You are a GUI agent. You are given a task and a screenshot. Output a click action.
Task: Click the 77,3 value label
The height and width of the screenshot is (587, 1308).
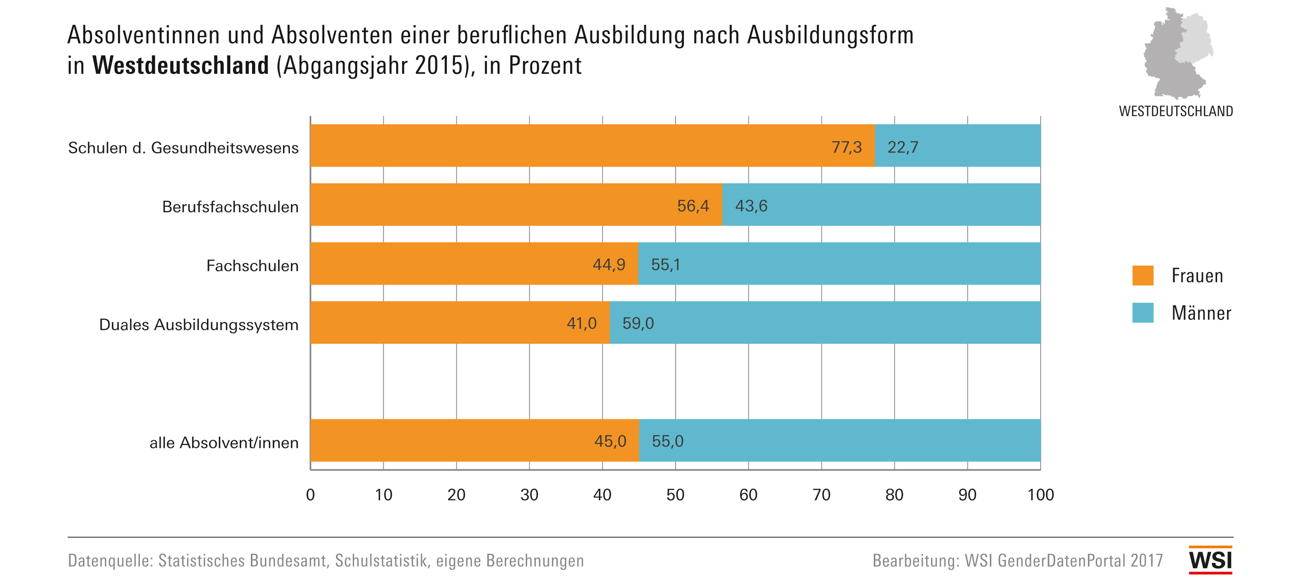point(846,147)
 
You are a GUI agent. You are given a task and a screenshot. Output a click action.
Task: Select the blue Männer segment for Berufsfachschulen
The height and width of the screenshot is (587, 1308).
point(881,205)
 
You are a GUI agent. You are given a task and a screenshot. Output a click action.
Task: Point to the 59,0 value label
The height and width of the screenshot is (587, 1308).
point(638,323)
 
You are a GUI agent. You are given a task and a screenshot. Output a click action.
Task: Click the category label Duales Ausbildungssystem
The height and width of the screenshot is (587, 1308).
point(198,325)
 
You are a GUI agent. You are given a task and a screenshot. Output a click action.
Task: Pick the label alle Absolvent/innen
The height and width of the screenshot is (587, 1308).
point(224,443)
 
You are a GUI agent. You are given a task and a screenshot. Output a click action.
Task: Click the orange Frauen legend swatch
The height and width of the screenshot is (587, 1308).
point(1143,276)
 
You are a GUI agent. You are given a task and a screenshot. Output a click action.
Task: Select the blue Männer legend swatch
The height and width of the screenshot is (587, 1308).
point(1143,312)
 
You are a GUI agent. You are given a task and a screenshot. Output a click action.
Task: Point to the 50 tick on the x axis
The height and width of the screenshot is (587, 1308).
point(675,495)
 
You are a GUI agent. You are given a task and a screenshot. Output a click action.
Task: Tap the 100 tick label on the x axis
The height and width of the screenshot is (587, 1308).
point(1040,495)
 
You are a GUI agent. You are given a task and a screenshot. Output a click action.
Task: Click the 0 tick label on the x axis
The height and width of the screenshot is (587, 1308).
point(310,495)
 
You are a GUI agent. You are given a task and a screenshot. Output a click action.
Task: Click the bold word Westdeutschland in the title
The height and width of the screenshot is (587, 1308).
point(180,65)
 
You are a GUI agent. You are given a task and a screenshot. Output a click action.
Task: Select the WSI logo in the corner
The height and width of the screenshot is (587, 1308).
point(1210,560)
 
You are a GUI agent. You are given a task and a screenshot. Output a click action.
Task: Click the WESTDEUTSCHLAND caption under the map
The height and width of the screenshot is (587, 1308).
point(1175,111)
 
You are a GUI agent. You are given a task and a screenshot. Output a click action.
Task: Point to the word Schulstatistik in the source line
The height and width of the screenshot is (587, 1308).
point(381,561)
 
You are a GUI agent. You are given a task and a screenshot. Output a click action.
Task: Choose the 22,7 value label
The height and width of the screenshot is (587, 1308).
point(902,147)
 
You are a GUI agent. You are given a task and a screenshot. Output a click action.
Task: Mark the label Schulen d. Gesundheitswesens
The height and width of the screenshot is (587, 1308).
point(183,148)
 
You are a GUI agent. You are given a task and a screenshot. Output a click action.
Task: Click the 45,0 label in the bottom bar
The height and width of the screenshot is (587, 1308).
point(610,441)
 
